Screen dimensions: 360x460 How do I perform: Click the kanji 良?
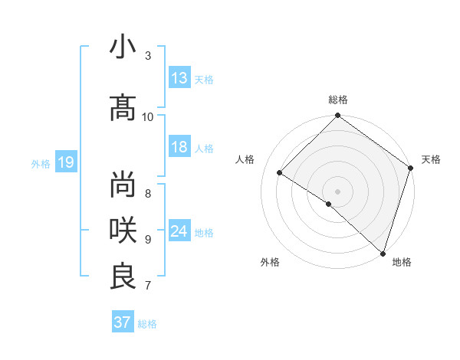click(x=123, y=277)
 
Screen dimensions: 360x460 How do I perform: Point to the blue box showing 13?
click(x=179, y=78)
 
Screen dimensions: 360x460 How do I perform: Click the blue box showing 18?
click(x=179, y=147)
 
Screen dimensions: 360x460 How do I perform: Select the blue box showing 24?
click(x=179, y=231)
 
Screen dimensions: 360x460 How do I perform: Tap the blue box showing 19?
click(x=65, y=162)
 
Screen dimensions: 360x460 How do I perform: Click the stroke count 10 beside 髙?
click(x=148, y=116)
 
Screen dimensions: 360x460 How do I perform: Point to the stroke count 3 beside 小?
click(x=148, y=55)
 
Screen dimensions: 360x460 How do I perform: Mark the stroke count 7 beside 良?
click(x=148, y=286)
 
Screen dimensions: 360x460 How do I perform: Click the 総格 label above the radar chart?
click(x=338, y=100)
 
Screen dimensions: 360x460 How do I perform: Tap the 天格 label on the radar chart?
click(x=431, y=159)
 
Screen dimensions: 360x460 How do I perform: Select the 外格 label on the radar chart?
click(x=270, y=262)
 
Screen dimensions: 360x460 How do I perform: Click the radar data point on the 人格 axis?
click(x=280, y=172)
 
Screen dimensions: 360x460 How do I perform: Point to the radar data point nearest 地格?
click(x=383, y=253)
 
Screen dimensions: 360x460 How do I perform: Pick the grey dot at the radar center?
click(x=337, y=191)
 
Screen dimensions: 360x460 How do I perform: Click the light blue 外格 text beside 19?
click(x=41, y=163)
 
